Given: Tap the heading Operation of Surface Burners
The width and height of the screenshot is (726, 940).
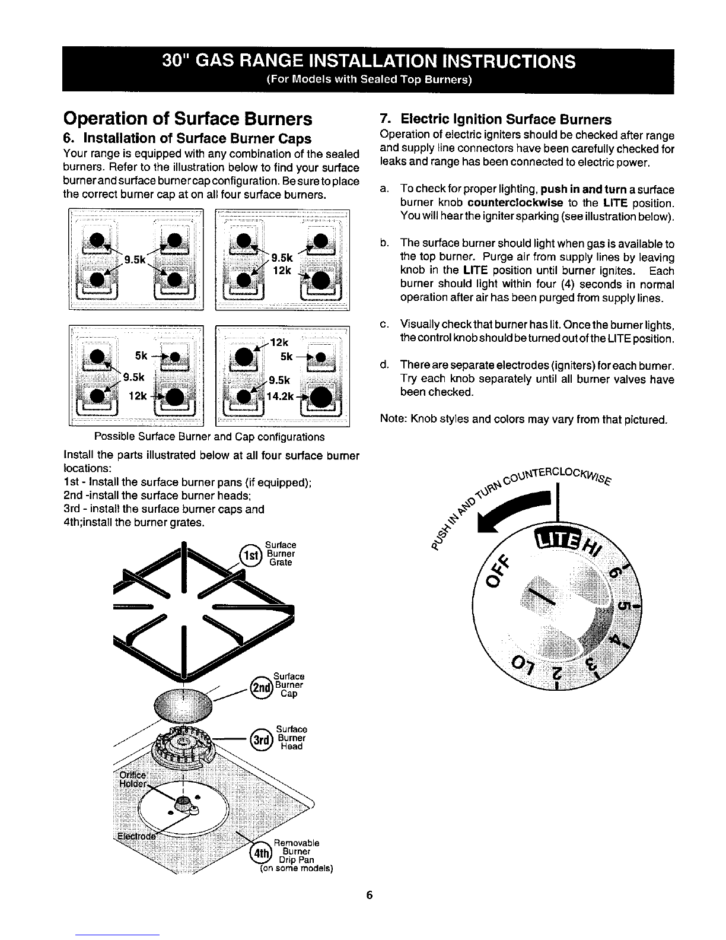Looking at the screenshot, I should (187, 119).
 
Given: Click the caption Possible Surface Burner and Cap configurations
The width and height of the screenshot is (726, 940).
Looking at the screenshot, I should (209, 437).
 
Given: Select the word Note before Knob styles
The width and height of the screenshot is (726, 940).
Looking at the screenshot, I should (393, 420).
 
